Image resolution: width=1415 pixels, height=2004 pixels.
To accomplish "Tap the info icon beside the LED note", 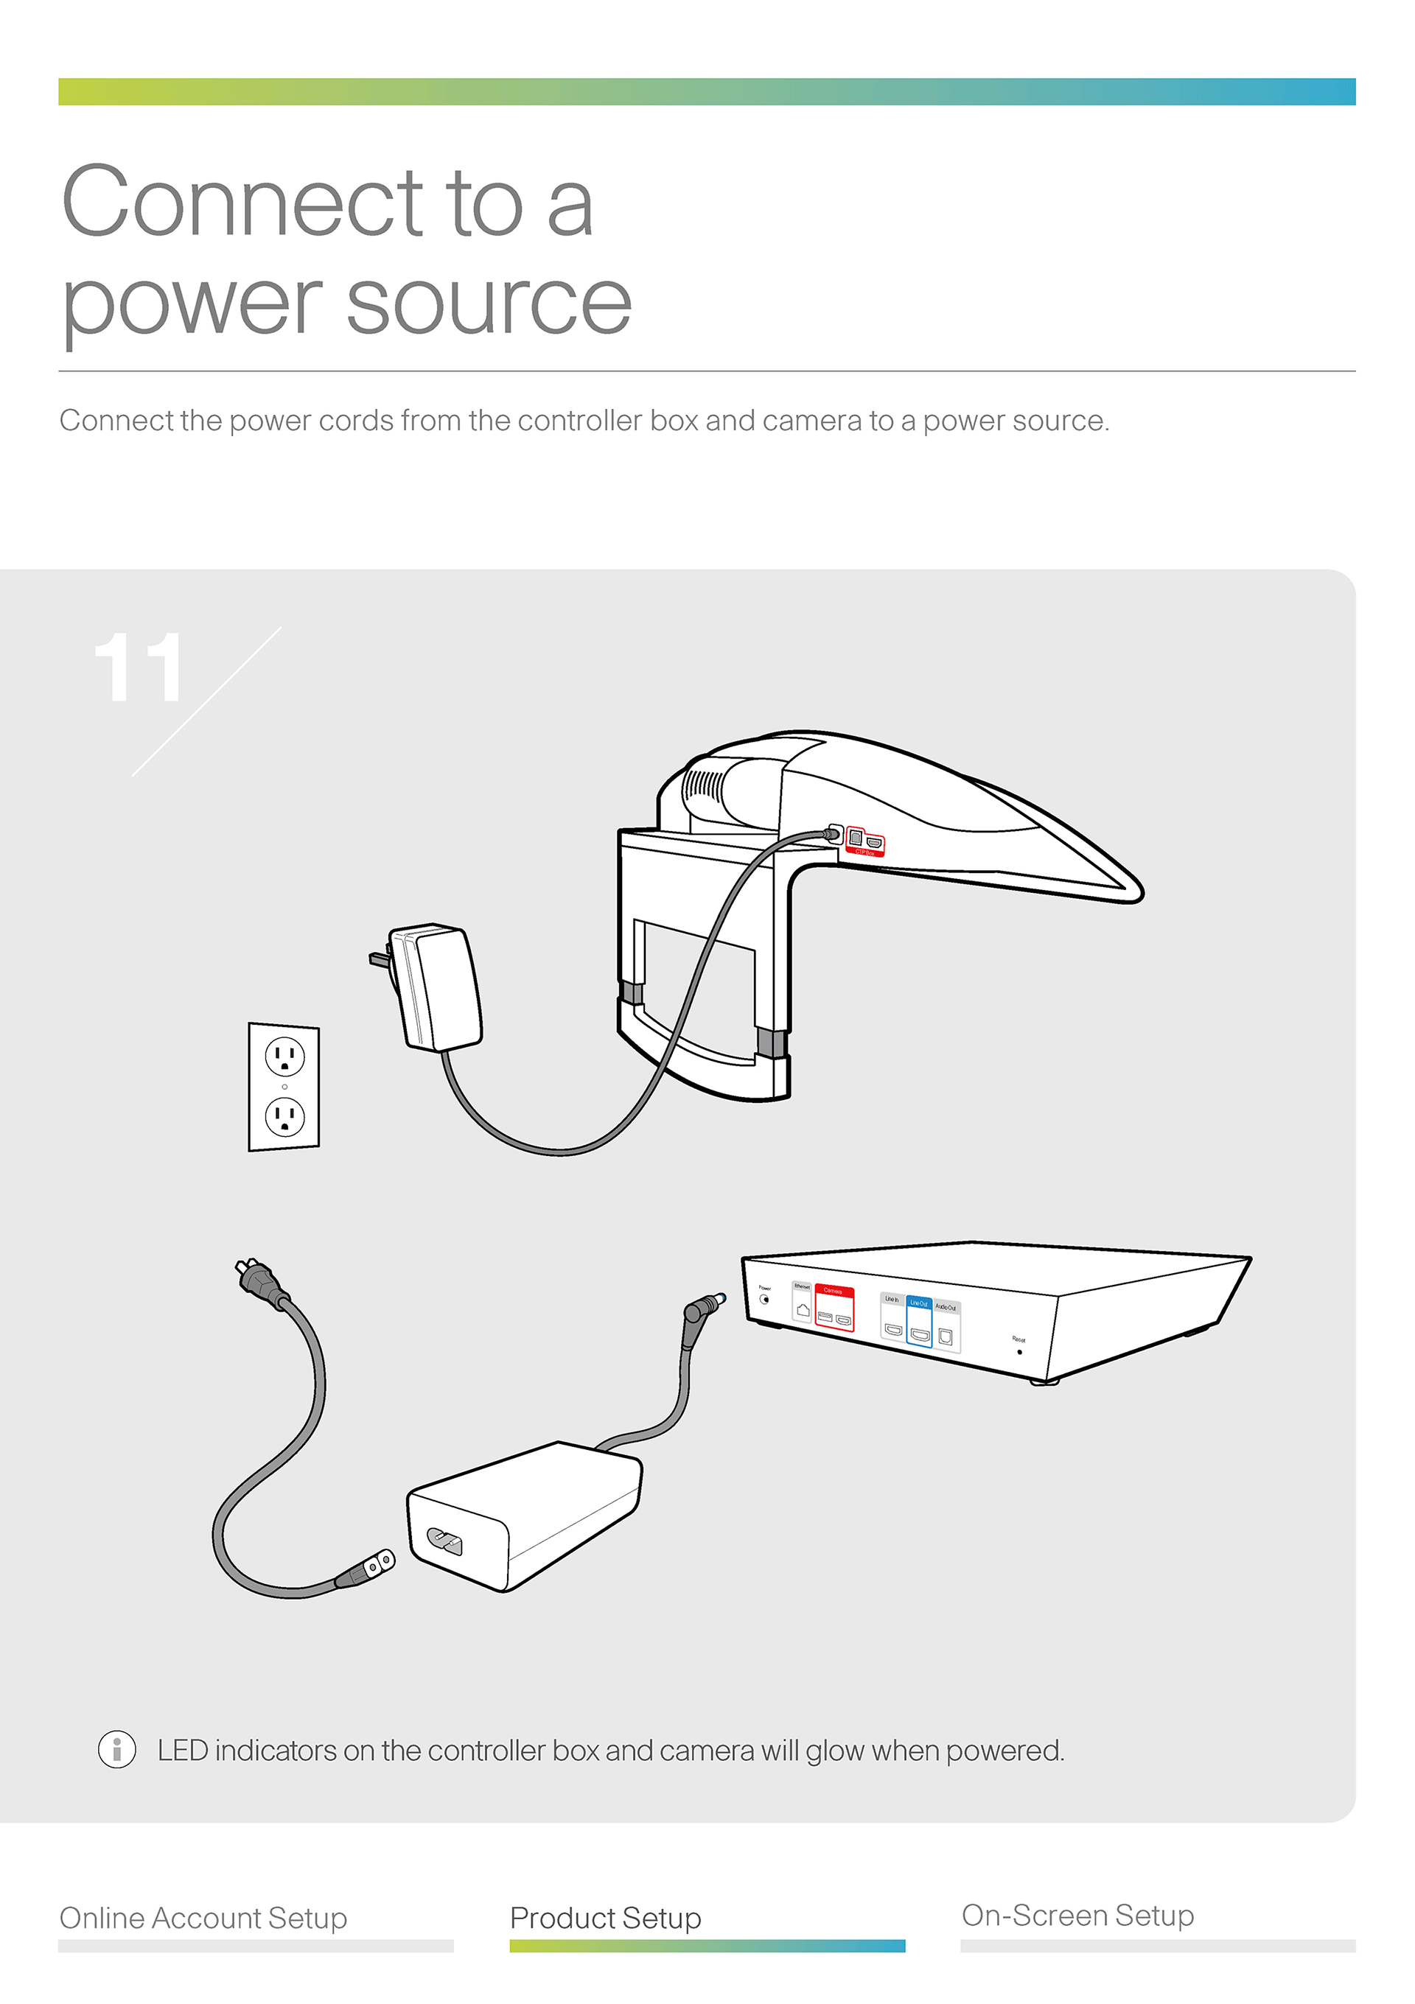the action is (x=117, y=1749).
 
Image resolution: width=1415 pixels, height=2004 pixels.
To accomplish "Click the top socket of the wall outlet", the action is (x=284, y=1056).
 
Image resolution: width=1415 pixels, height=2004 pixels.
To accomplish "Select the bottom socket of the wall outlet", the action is (x=284, y=1116).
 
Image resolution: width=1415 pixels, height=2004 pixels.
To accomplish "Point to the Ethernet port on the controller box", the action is (x=803, y=1310).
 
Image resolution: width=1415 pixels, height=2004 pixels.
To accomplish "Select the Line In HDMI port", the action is (x=893, y=1330).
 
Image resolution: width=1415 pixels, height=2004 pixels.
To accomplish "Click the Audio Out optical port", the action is (x=946, y=1337).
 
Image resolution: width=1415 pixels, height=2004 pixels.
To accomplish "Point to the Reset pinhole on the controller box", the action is (x=1019, y=1352).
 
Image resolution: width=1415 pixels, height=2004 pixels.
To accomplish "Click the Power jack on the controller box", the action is (x=766, y=1299).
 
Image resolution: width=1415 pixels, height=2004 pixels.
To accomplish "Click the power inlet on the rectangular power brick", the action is (x=444, y=1543).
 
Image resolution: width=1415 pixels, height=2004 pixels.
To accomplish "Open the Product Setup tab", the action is (x=606, y=1918).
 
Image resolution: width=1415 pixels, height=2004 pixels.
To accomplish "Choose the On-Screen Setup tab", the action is (x=1077, y=1915).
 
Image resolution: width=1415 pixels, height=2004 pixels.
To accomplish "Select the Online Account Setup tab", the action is (x=203, y=1918).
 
